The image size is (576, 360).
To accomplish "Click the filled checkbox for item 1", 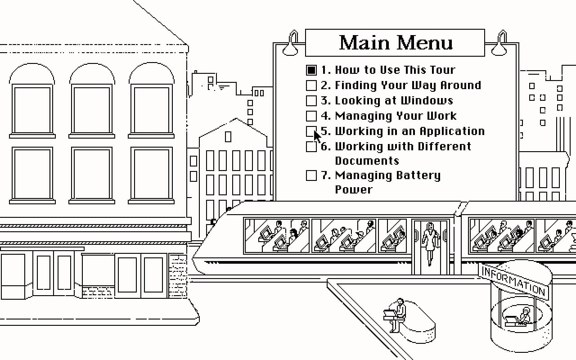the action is (311, 70).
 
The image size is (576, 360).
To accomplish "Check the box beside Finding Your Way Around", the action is (311, 85).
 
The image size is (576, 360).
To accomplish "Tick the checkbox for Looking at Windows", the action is (311, 100).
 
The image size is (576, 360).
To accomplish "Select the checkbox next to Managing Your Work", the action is (311, 116).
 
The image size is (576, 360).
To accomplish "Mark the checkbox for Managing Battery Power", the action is (311, 175).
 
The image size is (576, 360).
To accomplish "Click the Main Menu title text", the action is (396, 43).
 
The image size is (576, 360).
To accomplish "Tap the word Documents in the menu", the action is (367, 161).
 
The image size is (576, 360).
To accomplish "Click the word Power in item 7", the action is (354, 190).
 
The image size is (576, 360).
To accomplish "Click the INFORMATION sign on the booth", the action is (513, 280).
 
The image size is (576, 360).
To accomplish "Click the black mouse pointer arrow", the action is (317, 137).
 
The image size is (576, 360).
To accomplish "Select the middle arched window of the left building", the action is (92, 100).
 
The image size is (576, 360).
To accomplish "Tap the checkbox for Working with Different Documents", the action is (311, 147).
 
